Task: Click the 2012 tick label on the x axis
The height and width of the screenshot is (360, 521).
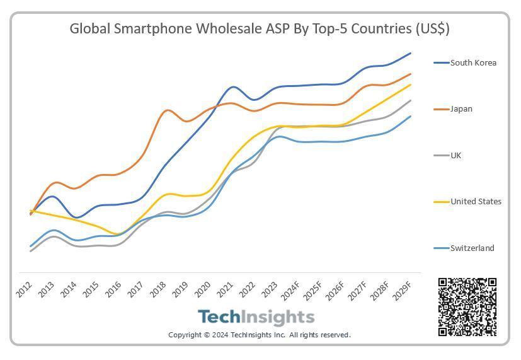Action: coord(25,290)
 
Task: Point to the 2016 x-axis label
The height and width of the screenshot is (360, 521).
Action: coord(114,290)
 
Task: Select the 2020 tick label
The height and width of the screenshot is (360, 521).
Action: coord(203,290)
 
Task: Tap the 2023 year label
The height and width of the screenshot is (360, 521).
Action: coord(270,290)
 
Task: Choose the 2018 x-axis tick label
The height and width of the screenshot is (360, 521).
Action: coord(159,290)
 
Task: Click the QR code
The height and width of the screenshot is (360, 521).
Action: coord(467,307)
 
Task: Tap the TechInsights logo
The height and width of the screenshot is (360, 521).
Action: coord(256,316)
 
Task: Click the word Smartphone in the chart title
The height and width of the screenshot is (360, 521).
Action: coord(163,29)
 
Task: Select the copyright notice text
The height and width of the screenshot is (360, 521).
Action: coord(260,335)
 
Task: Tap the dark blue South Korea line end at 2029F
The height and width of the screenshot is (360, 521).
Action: coord(411,54)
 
